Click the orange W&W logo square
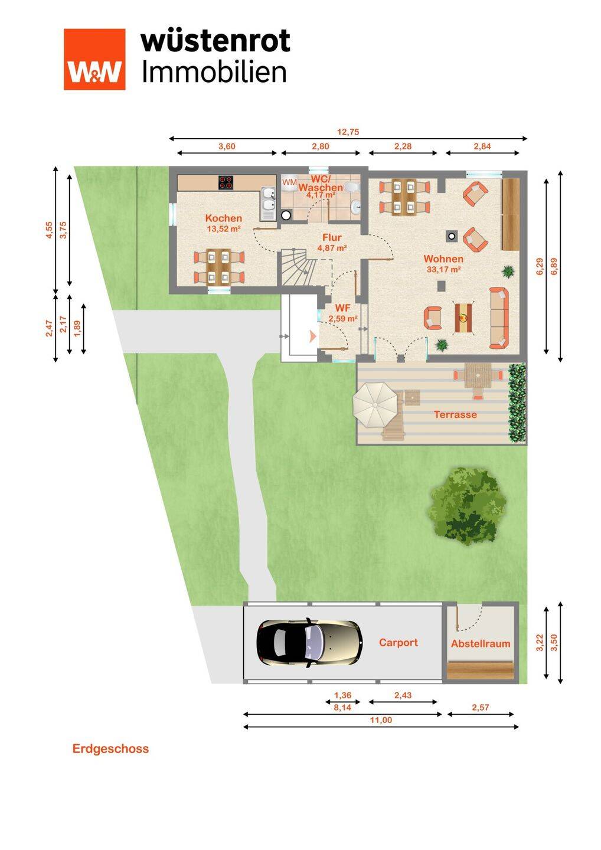coord(94,59)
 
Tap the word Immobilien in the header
coord(214,73)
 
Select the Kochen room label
coord(224,218)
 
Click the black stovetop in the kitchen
coord(226,182)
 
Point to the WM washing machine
coord(289,183)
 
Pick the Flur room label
coord(332,237)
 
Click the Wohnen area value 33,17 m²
coord(443,270)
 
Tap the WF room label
coord(342,308)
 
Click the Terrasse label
coord(455,414)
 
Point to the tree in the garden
coord(468,505)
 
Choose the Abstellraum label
coord(481,643)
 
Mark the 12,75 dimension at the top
coord(348,132)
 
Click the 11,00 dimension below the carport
coord(381,720)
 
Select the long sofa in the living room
coord(499,318)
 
